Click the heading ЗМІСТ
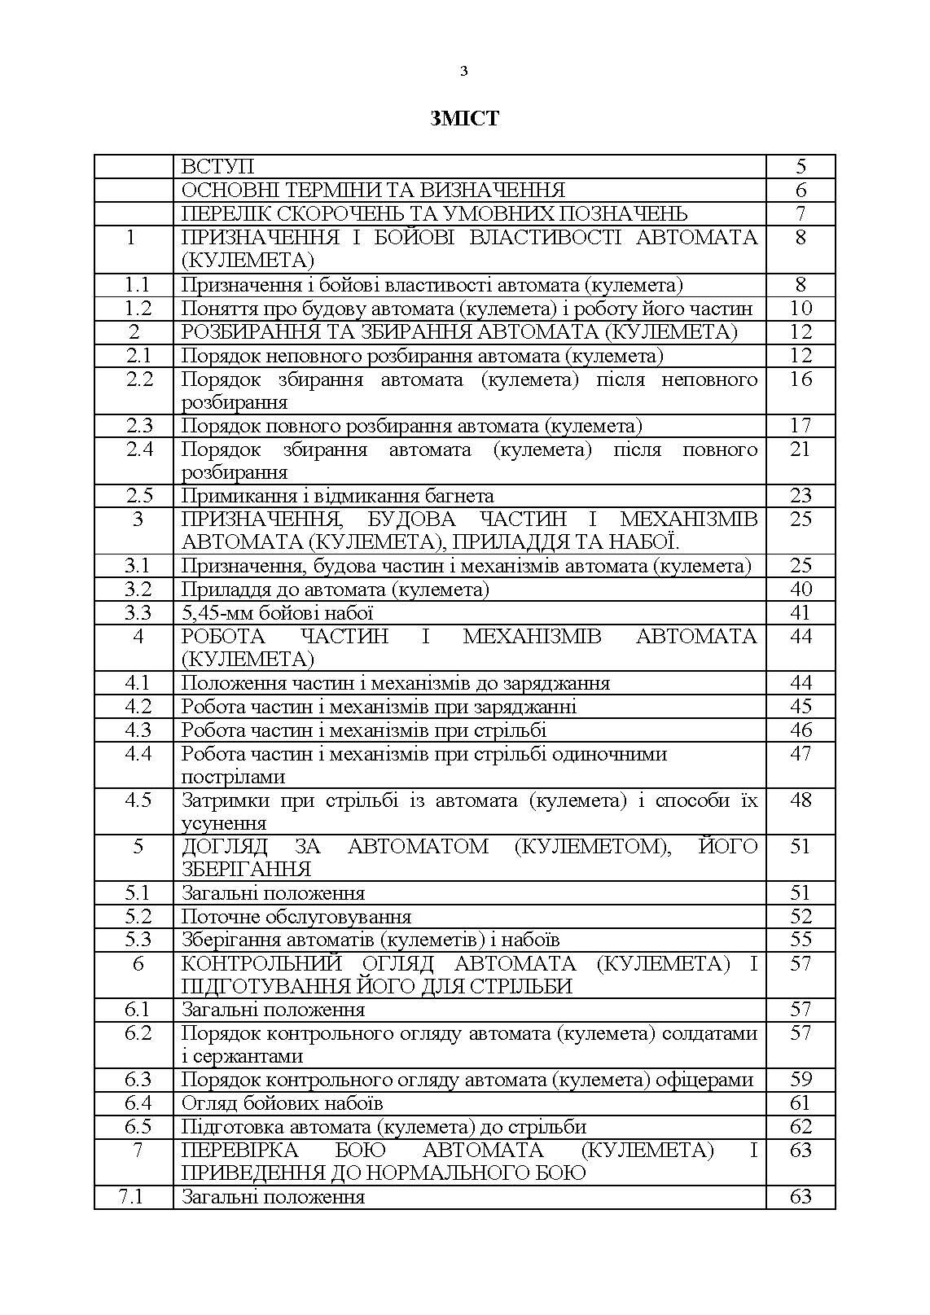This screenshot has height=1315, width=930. tap(464, 119)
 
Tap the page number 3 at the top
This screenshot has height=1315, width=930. tap(464, 72)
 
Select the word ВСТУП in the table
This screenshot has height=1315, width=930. tap(217, 167)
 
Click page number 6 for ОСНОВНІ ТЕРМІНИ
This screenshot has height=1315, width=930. tap(801, 191)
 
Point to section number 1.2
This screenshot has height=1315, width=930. tap(138, 309)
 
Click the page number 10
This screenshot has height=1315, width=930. tap(801, 309)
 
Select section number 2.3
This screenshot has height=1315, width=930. tap(138, 426)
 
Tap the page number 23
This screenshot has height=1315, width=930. tap(801, 496)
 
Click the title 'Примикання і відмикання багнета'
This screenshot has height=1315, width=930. tap(337, 496)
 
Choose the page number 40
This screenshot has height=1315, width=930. tap(801, 590)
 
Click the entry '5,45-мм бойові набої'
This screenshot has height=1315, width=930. tap(277, 613)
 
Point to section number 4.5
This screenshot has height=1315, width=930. tap(138, 800)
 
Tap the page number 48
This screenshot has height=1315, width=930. tap(801, 800)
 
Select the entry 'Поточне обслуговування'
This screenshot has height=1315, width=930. tap(296, 917)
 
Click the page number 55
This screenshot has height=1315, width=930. tap(801, 940)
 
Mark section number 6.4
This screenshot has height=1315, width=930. tap(138, 1103)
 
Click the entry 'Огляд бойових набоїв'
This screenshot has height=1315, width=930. tap(282, 1103)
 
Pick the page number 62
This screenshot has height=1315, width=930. tap(801, 1127)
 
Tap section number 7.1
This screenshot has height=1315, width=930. tap(132, 1197)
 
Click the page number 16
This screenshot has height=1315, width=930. tap(801, 379)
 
